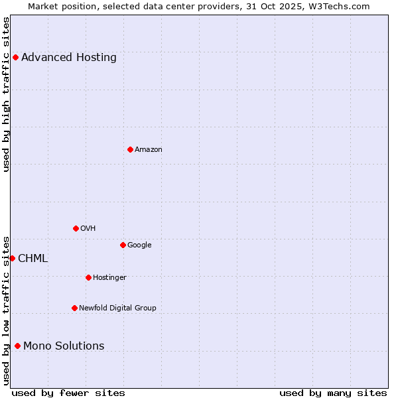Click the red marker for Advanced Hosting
click(x=15, y=57)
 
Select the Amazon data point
click(x=130, y=149)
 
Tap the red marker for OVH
click(x=76, y=228)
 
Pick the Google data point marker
click(x=123, y=245)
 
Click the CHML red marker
click(x=12, y=258)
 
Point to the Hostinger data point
click(x=88, y=277)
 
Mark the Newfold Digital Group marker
click(x=74, y=308)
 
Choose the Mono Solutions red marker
click(x=17, y=346)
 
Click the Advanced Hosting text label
click(x=69, y=58)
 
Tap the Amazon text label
click(x=149, y=150)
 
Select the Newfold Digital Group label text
click(x=117, y=308)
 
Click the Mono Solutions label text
click(x=64, y=346)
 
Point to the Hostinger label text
click(x=109, y=277)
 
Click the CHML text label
click(x=33, y=259)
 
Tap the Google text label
click(x=139, y=245)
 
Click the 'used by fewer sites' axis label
click(x=68, y=393)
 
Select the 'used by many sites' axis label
click(x=333, y=393)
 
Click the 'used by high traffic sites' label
click(x=6, y=94)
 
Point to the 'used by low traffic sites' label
click(x=6, y=310)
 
